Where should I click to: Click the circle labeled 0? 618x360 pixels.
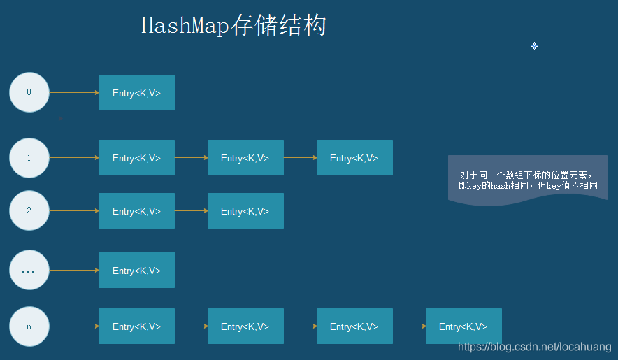[x=29, y=92]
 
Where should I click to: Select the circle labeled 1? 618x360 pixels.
[x=29, y=158]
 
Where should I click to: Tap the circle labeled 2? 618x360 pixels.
[x=29, y=210]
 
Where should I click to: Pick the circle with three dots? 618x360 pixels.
[x=29, y=270]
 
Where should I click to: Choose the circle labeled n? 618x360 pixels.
[x=29, y=326]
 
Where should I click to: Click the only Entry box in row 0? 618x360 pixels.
[x=136, y=93]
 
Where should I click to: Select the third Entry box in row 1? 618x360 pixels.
[x=354, y=158]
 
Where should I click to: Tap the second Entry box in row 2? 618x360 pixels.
[x=245, y=211]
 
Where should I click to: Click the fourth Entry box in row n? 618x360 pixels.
[x=463, y=326]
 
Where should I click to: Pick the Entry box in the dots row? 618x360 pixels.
[x=136, y=271]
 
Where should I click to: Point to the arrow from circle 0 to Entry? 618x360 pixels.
[x=74, y=92]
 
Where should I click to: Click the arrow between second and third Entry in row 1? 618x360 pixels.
[x=300, y=158]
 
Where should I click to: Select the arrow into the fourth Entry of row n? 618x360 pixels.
[x=409, y=326]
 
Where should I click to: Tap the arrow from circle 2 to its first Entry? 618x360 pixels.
[x=74, y=210]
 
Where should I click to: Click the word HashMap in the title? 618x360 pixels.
[x=185, y=26]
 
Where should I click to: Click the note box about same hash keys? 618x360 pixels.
[x=528, y=180]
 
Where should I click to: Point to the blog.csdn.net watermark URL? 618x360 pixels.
[x=535, y=346]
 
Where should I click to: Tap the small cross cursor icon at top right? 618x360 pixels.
[x=534, y=45]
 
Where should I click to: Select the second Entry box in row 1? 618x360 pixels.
[x=245, y=158]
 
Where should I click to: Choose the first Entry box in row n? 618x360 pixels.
[x=136, y=326]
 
